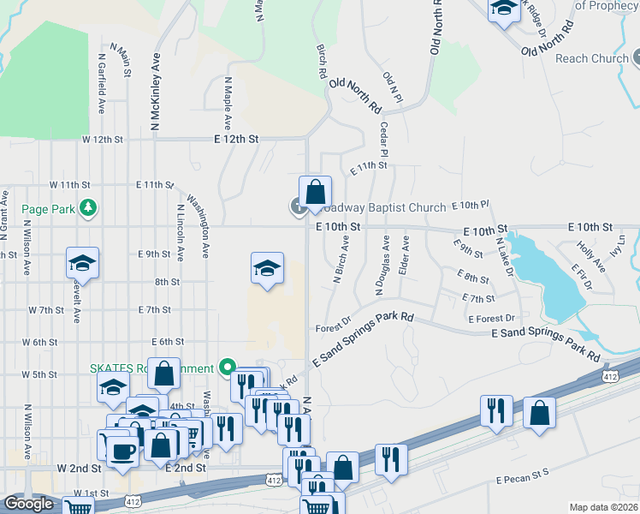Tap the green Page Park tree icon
tap(87, 207)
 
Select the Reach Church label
tap(591, 59)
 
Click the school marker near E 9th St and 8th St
tap(267, 269)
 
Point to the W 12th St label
tap(103, 138)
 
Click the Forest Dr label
tap(333, 325)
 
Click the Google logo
tap(28, 504)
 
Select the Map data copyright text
tap(602, 507)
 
